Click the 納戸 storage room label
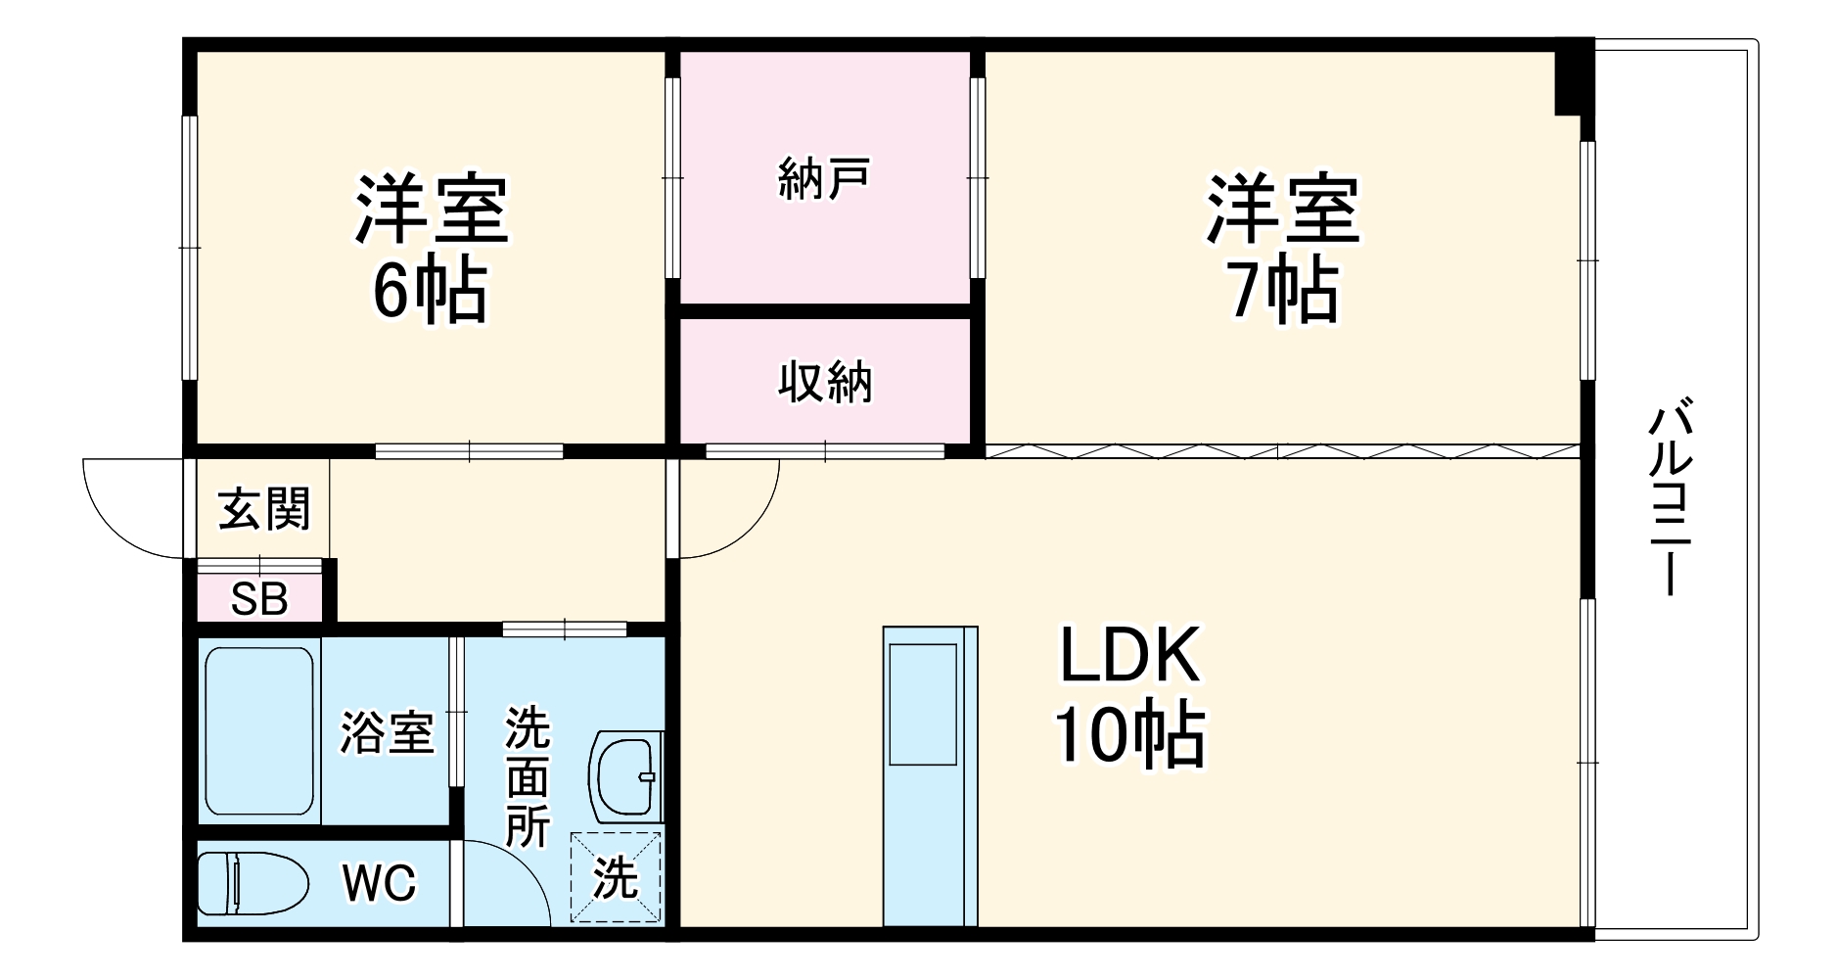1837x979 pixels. click(x=824, y=179)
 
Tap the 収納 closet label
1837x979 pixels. click(x=824, y=382)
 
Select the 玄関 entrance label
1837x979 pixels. click(x=263, y=509)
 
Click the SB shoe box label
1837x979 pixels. click(x=259, y=599)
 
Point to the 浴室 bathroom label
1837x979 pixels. click(x=387, y=731)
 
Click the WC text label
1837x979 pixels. click(x=379, y=883)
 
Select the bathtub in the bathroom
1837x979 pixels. click(x=260, y=730)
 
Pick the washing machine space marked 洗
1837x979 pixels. click(x=617, y=876)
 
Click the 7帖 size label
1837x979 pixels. click(x=1283, y=291)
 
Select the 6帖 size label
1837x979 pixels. click(x=430, y=291)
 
